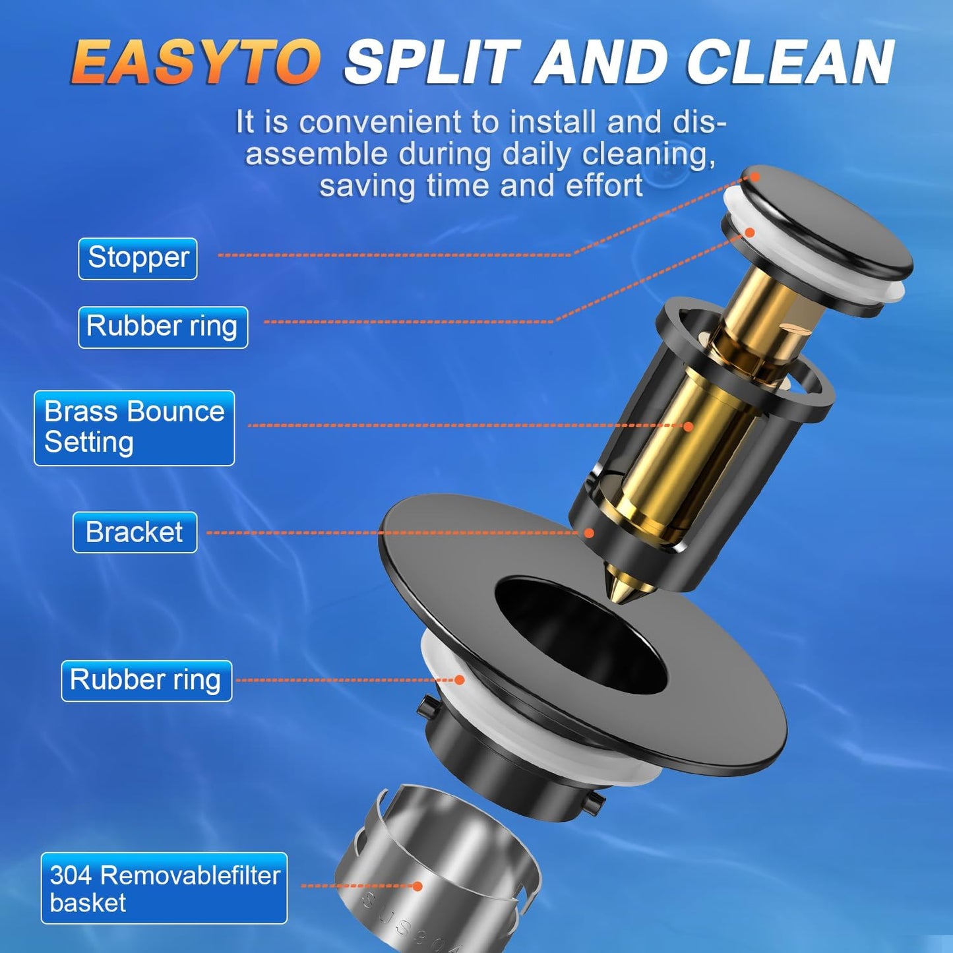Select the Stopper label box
coord(138,258)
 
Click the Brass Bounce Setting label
coord(134,428)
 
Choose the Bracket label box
coord(135,532)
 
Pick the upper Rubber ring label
coord(163,327)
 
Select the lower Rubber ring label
coord(146,681)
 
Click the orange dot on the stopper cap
coord(754,177)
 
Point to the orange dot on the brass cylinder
coord(689,426)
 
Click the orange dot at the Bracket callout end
coord(589,533)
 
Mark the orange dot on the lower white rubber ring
coord(460,680)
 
